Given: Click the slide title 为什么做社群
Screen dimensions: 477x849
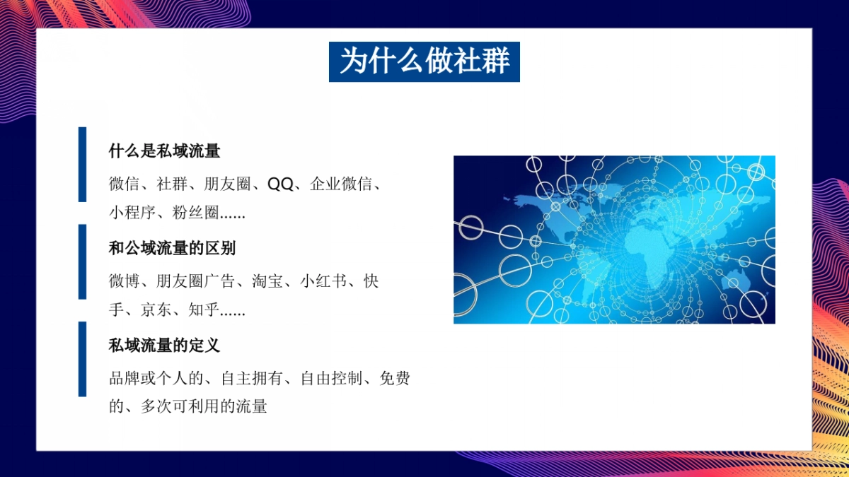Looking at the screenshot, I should [424, 61].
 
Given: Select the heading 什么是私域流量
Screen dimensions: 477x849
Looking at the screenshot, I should [164, 151].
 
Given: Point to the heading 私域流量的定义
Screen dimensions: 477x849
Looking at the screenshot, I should [164, 346].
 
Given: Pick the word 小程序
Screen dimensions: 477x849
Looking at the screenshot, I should [132, 212].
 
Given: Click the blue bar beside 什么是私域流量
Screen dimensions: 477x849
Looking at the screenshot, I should [82, 165].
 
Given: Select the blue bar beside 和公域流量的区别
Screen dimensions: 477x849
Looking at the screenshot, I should [82, 261].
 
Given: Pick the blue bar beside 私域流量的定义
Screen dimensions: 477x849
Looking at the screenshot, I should [82, 359].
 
